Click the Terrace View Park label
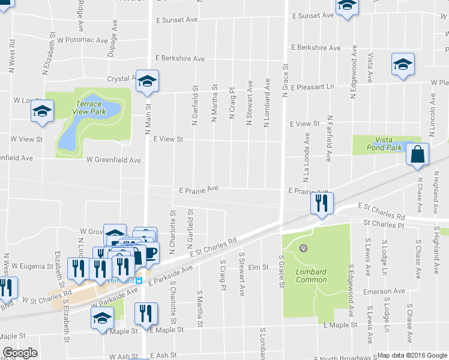tap(88, 107)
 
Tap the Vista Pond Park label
tap(384, 143)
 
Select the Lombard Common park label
tap(312, 275)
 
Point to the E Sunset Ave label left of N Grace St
tap(176, 20)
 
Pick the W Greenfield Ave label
tap(113, 160)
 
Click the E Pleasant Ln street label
tap(312, 87)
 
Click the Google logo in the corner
tap(20, 353)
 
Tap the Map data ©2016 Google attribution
tap(409, 355)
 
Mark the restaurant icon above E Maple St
tap(146, 313)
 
